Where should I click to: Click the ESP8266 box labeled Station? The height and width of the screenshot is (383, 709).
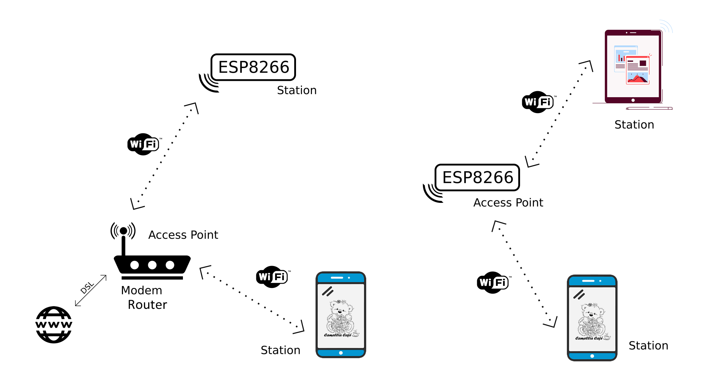253,67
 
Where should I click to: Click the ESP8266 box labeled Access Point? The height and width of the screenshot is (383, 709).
477,177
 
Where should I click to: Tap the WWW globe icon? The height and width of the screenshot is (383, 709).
54,324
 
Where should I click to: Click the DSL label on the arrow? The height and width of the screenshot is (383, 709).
87,288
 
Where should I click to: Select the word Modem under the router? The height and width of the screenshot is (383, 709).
141,290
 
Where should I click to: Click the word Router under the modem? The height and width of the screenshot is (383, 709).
147,305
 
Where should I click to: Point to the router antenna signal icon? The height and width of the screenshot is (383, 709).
123,231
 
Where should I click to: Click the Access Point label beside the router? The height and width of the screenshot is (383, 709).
183,235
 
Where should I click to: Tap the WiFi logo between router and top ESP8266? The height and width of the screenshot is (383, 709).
143,144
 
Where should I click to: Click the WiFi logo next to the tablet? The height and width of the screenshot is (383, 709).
538,102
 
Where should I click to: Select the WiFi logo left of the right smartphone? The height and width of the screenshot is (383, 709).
493,282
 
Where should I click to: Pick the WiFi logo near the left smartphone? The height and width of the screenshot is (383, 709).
272,277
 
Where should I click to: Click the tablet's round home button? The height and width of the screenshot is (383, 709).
633,100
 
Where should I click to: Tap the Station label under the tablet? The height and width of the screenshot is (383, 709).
634,125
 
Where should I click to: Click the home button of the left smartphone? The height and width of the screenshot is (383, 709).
341,353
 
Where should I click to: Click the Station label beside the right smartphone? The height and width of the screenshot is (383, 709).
648,346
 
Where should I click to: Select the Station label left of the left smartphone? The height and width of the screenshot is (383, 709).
280,350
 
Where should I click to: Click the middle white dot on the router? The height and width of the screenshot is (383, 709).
152,265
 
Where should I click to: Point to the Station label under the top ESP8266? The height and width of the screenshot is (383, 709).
297,90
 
